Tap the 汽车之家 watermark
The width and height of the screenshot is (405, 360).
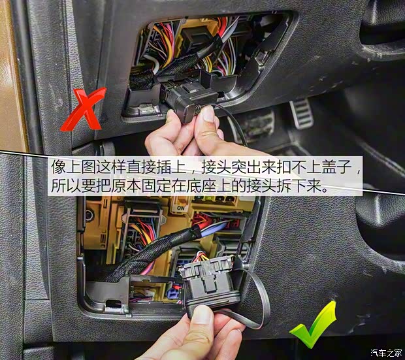click(x=386, y=352)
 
